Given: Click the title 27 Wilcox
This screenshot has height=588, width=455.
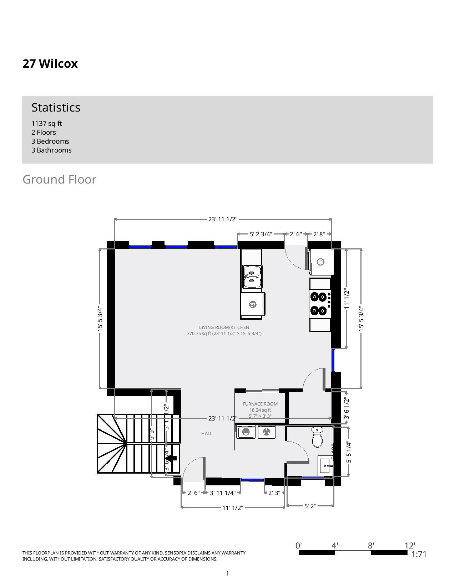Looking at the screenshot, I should (50, 64).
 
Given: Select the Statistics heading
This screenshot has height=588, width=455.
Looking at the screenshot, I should (56, 107).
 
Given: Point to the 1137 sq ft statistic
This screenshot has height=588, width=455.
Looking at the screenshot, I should (46, 123).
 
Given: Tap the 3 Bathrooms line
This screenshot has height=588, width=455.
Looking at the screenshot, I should (51, 150).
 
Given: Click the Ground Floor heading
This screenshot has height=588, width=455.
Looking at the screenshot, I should (59, 179).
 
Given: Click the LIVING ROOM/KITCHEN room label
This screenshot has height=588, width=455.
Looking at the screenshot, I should (224, 327).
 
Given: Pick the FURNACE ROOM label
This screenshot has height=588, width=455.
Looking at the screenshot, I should (260, 404).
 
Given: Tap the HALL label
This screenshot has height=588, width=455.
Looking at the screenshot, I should (207, 433).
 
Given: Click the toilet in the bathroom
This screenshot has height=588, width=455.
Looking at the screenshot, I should (317, 437).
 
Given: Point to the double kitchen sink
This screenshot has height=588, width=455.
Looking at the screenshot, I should (252, 277).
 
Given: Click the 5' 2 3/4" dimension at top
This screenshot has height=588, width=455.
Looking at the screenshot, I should (261, 234).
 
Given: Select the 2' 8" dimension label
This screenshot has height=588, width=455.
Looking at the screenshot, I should (319, 234).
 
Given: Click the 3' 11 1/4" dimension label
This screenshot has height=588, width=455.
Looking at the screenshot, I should (223, 493).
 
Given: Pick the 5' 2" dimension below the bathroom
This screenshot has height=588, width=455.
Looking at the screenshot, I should (310, 506).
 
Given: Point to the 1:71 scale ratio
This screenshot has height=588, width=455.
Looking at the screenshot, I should (419, 554).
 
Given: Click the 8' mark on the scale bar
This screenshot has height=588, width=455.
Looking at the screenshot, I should (371, 546).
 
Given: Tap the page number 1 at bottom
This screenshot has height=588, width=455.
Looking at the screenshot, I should (227, 573).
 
